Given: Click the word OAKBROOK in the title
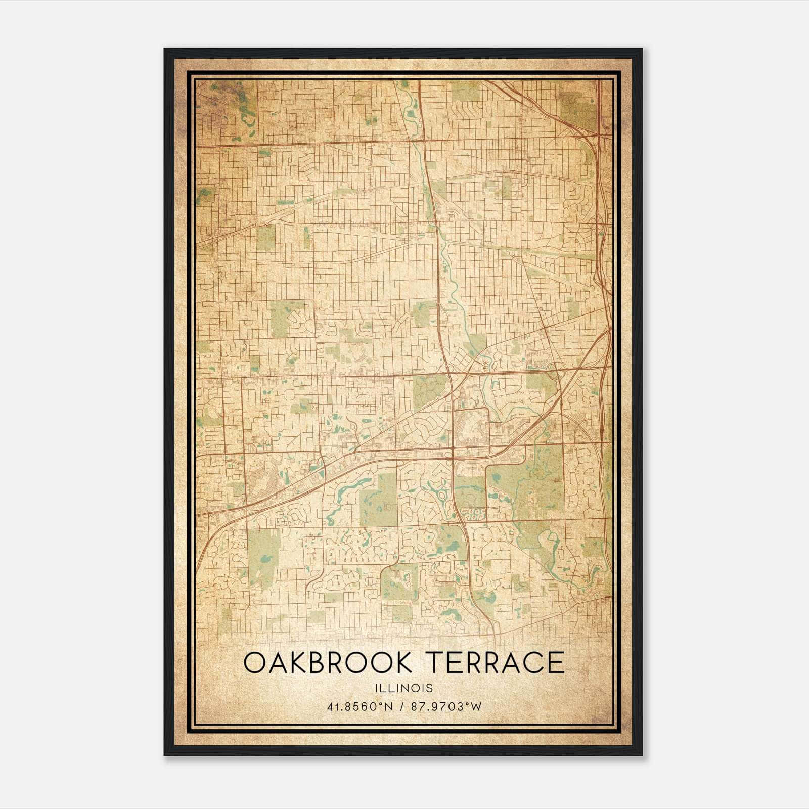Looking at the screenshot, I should coord(328,663).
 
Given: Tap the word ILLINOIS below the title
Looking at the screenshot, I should coord(404,688).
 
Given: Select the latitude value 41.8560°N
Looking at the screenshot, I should coord(359,707).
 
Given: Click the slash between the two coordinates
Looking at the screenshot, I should coord(402,707).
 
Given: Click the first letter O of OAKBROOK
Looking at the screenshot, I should coord(254,663).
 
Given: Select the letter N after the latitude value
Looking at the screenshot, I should coord(390,707).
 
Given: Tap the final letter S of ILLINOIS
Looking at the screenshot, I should coord(430,688).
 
